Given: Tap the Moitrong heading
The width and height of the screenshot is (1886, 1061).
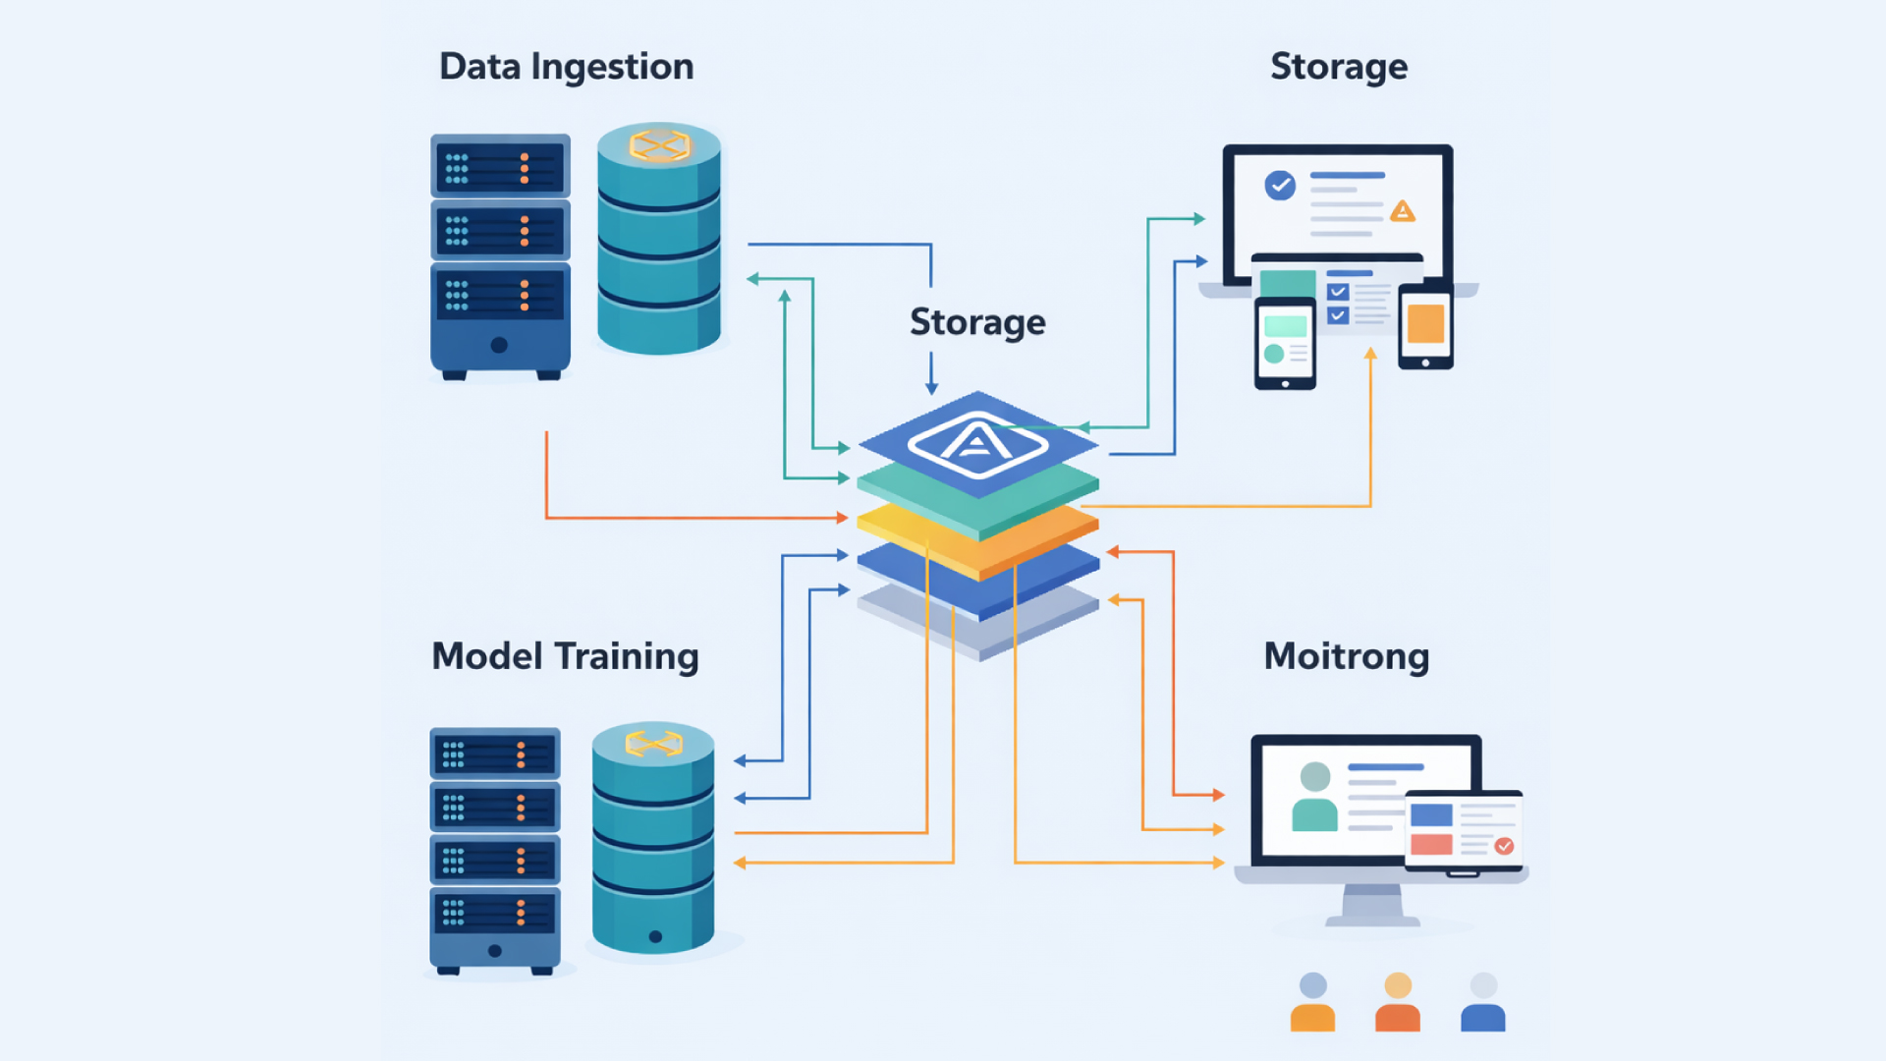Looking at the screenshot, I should (x=1346, y=656).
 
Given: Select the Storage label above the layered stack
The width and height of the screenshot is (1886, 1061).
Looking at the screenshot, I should (x=977, y=322).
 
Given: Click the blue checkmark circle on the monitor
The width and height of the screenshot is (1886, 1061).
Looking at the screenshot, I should (x=1280, y=185).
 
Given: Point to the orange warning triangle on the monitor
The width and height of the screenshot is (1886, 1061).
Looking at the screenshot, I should (x=1403, y=211).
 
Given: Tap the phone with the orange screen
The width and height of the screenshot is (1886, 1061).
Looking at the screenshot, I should (x=1425, y=326).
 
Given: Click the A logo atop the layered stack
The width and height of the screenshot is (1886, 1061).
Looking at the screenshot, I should (x=976, y=443).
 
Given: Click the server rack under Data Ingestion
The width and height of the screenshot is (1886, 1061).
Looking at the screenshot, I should (x=500, y=256).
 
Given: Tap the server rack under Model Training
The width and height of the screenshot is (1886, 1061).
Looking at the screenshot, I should (x=495, y=850).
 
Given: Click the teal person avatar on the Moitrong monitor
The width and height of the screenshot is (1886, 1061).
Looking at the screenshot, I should (x=1314, y=798).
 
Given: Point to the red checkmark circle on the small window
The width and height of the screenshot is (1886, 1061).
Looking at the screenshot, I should (x=1504, y=846).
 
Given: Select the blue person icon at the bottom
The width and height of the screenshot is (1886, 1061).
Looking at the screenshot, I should (x=1482, y=1003).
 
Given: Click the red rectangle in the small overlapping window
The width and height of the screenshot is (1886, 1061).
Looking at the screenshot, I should (x=1431, y=844).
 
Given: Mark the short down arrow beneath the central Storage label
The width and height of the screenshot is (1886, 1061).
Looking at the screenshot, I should (x=931, y=374).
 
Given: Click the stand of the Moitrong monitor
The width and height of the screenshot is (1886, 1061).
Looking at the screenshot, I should (x=1372, y=905).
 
